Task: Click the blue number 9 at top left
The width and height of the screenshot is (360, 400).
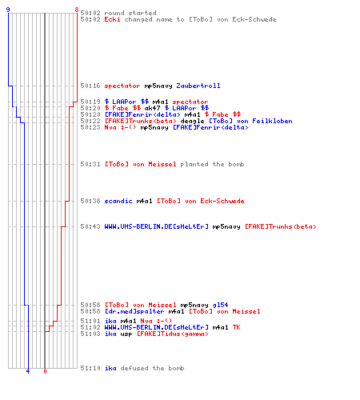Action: point(8,10)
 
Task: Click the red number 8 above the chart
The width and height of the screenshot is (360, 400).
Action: point(77,10)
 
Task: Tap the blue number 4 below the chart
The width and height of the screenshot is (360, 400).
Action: point(28,371)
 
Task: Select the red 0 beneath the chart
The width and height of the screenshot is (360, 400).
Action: point(45,371)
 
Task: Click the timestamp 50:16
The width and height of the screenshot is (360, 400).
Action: point(90,86)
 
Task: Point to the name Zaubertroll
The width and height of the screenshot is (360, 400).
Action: point(198,86)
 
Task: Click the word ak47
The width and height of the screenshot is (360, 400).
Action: point(152,108)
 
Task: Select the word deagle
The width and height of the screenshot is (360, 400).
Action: point(192,121)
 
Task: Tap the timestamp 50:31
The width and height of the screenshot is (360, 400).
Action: point(90,164)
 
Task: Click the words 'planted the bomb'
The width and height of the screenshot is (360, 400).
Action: point(212,164)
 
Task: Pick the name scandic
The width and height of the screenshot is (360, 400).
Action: point(118,201)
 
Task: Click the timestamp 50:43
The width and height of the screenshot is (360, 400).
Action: point(90,226)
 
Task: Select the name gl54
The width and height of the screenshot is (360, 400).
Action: point(220,305)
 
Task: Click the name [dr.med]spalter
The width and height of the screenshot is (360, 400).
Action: point(134,311)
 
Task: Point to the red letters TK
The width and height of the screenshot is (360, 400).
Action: point(236,327)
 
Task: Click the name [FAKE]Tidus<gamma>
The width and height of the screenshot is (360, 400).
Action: point(173,334)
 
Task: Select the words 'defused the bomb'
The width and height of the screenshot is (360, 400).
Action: point(152,368)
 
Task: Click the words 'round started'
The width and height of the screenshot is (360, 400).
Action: point(130,13)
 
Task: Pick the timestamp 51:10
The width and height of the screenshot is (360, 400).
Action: point(90,368)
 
